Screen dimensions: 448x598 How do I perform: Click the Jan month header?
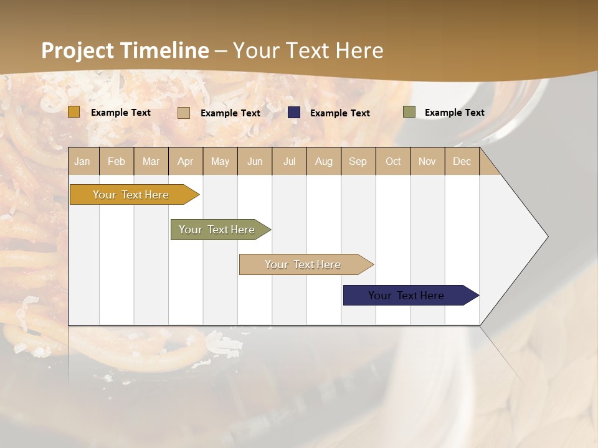coord(82,162)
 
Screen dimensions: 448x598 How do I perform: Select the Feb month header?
coord(116,162)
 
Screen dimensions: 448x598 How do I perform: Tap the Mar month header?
coord(151,162)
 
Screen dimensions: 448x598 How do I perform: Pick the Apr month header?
coord(185,162)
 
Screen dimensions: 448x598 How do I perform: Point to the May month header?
coord(220,162)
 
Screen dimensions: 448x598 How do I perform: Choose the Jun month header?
coord(255,162)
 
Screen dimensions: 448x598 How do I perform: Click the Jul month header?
coord(289,162)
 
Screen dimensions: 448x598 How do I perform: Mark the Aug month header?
coord(323,162)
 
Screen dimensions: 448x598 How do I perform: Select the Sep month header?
coord(358,162)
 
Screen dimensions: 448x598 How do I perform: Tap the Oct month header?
coord(393,162)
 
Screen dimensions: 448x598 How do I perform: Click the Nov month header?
coord(427,162)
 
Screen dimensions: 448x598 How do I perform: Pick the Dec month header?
coord(462,162)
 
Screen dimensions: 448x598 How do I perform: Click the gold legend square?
coord(74,112)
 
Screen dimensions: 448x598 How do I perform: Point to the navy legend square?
coord(294,113)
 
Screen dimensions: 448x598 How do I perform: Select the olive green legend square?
coord(409,112)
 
